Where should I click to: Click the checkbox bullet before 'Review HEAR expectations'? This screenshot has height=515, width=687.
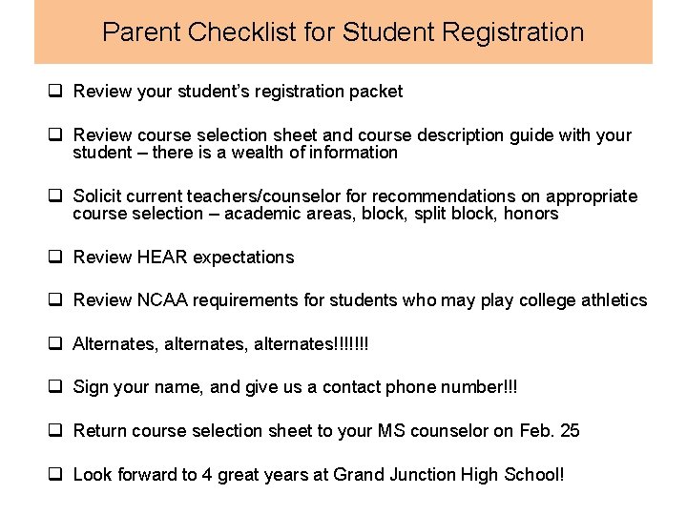56,257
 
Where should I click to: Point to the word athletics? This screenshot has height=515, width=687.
609,300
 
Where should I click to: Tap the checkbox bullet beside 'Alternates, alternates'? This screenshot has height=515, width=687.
56,343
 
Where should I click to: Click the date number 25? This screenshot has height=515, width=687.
570,431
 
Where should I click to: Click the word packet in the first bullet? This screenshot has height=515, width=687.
379,92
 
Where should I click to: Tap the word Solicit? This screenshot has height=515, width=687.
96,196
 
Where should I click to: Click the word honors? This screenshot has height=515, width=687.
532,214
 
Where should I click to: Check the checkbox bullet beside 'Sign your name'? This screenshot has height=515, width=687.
56,387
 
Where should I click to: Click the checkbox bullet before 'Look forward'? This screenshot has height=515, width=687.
56,474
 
